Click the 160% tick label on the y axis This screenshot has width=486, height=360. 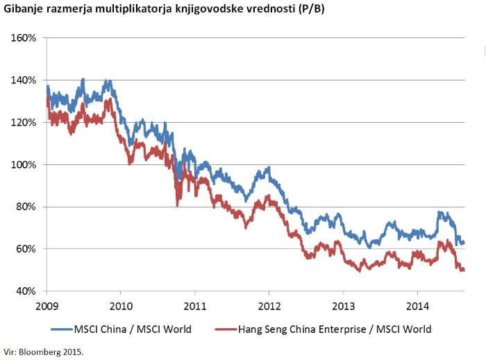point(24,37)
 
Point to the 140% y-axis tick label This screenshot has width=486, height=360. point(24,80)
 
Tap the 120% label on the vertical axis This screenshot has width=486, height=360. point(24,122)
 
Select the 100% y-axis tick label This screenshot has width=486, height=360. point(24,164)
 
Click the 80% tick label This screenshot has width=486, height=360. point(26,207)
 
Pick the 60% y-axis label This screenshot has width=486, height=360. point(26,249)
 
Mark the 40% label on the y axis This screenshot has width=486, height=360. point(26,291)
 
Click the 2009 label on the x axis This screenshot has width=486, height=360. point(46,305)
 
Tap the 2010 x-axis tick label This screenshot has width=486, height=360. point(120,305)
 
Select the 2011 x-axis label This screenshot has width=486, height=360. point(194,305)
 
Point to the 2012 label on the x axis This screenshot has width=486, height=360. point(269,305)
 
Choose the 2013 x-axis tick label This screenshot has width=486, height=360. point(343,305)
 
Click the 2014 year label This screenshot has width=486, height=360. point(417,305)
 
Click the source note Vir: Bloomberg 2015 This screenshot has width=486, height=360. point(43,352)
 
